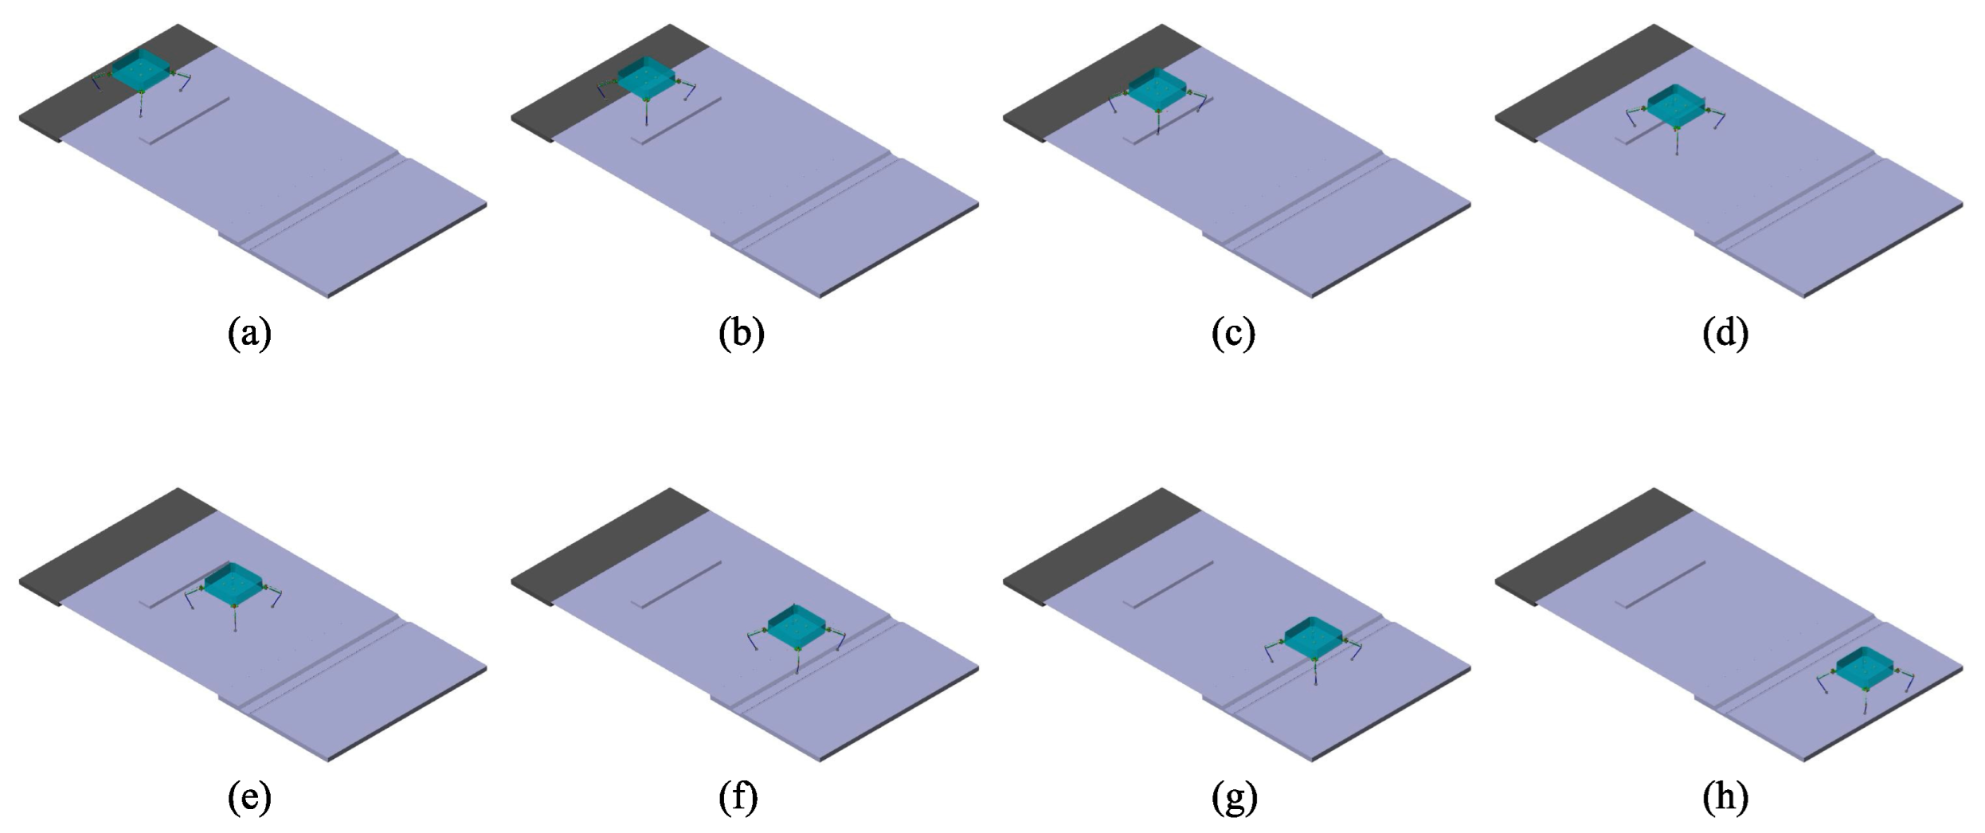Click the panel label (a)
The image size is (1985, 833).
tap(249, 333)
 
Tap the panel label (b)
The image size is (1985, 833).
tap(741, 333)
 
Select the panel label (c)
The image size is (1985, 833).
tap(1233, 333)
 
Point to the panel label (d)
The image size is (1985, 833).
tap(1725, 333)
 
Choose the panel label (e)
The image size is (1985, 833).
tap(249, 797)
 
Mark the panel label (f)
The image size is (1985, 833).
tap(738, 797)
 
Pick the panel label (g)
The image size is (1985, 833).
tap(1234, 797)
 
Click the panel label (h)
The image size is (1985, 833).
tap(1725, 797)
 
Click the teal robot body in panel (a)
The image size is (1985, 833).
tap(141, 69)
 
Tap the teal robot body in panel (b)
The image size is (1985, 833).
tap(646, 80)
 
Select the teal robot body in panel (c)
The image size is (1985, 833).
tap(1157, 90)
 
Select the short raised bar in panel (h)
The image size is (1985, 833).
tap(1665, 585)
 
